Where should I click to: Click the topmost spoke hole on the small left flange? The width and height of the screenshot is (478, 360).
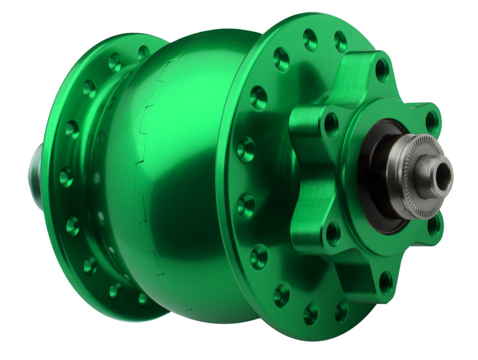143,52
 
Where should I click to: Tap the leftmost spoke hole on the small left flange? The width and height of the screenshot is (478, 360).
65,177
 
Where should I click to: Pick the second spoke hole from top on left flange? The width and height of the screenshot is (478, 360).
115,61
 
